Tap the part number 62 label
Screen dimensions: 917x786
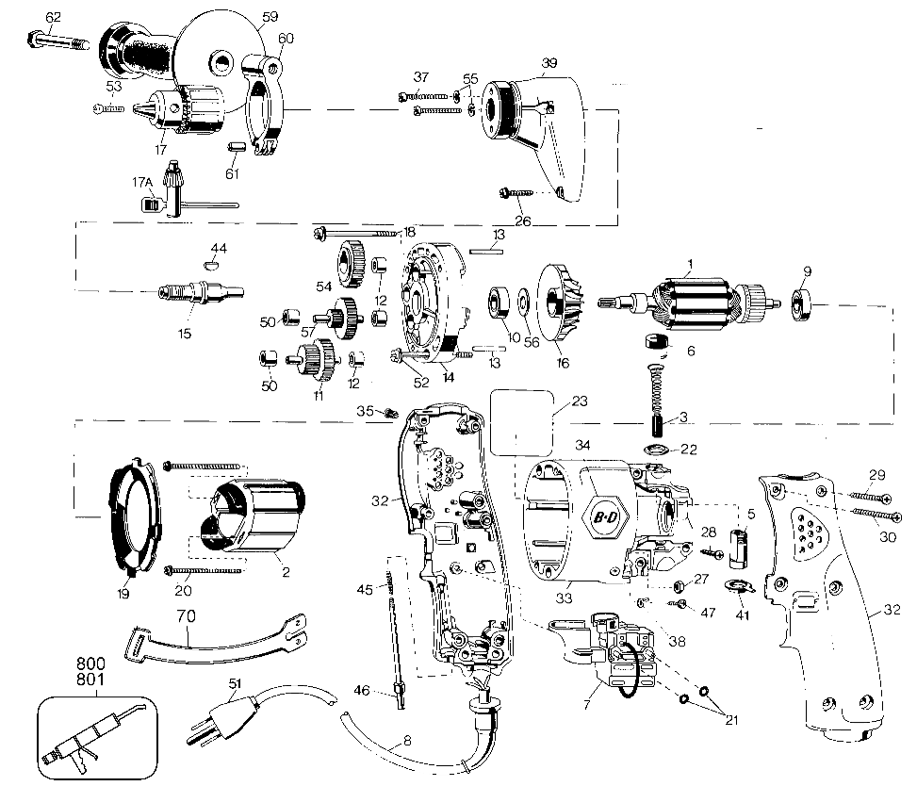coord(53,17)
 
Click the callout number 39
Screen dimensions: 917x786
coord(549,62)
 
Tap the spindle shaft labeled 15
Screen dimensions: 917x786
coord(201,291)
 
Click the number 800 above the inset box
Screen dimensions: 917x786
coord(90,663)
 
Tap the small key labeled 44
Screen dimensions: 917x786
coord(214,265)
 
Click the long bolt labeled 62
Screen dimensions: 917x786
coord(57,41)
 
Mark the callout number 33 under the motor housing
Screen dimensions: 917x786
coord(564,598)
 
